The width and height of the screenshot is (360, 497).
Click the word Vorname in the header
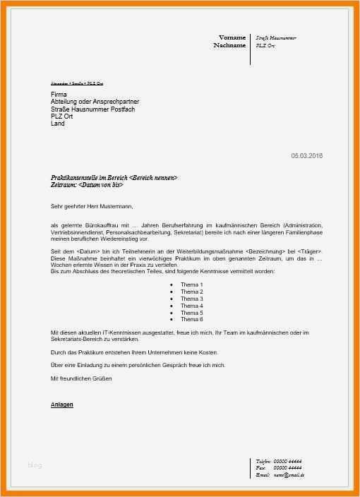click(232, 37)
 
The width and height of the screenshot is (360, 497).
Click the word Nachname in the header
click(229, 45)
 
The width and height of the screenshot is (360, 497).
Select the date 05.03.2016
click(307, 155)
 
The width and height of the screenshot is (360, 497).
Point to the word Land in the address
click(58, 124)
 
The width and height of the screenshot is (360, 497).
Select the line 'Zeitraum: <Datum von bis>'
click(88, 185)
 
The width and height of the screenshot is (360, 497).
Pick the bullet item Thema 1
click(191, 285)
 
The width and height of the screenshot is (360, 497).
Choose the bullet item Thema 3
click(191, 299)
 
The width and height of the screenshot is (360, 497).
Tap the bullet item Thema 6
click(191, 320)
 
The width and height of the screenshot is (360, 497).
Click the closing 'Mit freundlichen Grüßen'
click(81, 378)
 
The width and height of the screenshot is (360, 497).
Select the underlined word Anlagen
click(62, 405)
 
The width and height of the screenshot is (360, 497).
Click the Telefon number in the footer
click(287, 461)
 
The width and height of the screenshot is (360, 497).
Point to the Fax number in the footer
click(287, 468)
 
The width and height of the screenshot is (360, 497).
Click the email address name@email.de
click(289, 475)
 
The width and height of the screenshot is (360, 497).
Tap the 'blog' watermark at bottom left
click(35, 465)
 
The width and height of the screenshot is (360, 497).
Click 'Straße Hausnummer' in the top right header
click(276, 37)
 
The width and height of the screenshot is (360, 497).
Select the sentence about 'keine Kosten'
click(134, 352)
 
